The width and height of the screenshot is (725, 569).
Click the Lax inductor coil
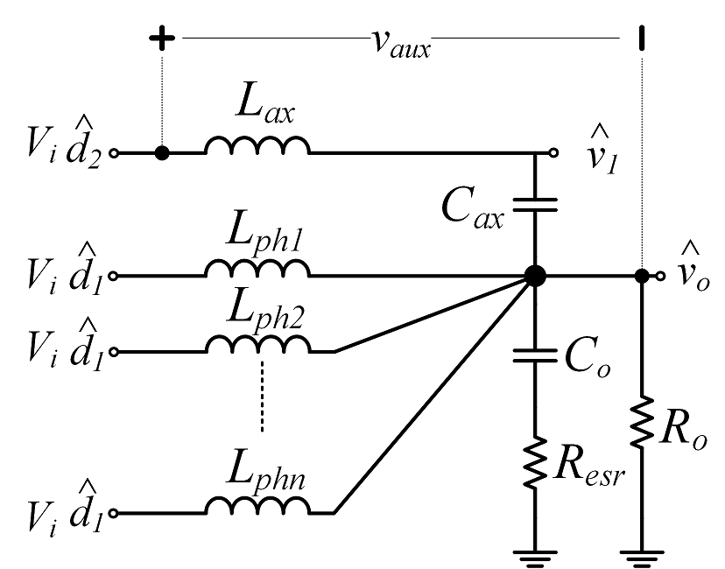click(257, 144)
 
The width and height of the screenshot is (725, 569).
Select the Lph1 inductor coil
click(257, 268)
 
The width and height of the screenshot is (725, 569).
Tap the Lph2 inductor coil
click(257, 344)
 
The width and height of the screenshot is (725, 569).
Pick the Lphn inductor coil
click(257, 505)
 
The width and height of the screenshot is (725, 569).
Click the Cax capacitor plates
click(535, 205)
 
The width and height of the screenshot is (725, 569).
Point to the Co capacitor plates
click(535, 356)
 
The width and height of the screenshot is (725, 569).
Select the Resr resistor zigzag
click(535, 462)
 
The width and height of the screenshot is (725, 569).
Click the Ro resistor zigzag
click(642, 422)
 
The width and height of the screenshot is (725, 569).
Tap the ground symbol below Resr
click(535, 558)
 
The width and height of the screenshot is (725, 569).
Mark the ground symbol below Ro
click(642, 558)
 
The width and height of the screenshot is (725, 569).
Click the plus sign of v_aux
click(162, 38)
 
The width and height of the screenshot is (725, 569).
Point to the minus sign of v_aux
click(641, 38)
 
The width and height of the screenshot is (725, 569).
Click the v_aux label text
click(401, 45)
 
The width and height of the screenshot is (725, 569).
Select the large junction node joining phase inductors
click(535, 276)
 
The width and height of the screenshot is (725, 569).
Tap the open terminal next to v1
click(553, 152)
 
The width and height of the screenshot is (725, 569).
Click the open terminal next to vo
click(661, 277)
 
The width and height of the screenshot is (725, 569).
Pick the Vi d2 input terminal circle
click(114, 153)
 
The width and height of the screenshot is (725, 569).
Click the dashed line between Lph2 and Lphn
click(262, 397)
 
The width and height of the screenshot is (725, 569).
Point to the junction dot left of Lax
click(162, 153)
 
